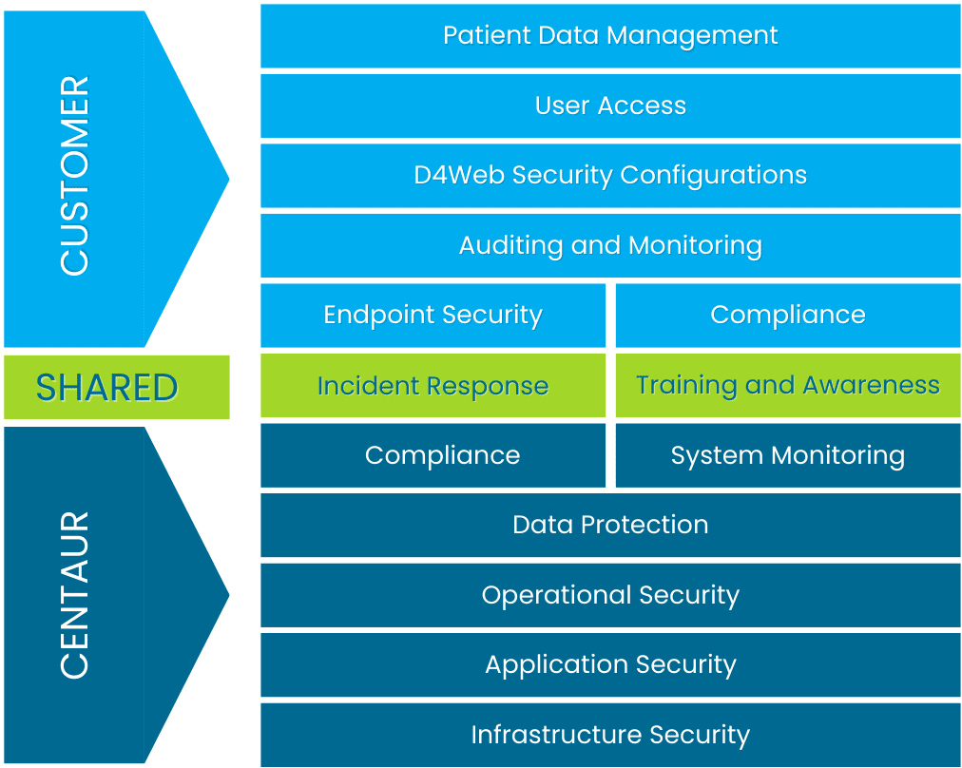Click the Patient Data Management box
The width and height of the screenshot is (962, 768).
610,36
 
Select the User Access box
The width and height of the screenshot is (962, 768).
610,106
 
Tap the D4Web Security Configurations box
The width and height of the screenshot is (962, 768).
610,176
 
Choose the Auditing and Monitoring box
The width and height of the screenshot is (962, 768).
610,246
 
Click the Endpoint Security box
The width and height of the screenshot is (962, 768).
433,316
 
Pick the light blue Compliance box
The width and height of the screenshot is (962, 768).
788,316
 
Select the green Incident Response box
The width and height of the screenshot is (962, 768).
433,385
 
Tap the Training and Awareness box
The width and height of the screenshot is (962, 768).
788,385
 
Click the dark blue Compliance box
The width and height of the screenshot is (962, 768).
433,456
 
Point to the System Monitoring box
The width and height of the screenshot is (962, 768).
788,456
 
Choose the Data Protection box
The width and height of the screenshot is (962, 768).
610,526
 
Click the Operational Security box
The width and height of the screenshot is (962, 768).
610,596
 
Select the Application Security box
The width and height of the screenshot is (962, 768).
610,665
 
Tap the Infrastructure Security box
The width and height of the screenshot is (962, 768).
610,735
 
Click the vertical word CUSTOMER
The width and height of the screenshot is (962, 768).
75,176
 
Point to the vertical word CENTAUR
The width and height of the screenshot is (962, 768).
75,595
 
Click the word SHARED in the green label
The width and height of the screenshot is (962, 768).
106,388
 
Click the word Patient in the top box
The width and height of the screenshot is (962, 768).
487,35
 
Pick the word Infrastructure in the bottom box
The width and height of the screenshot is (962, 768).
556,735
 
